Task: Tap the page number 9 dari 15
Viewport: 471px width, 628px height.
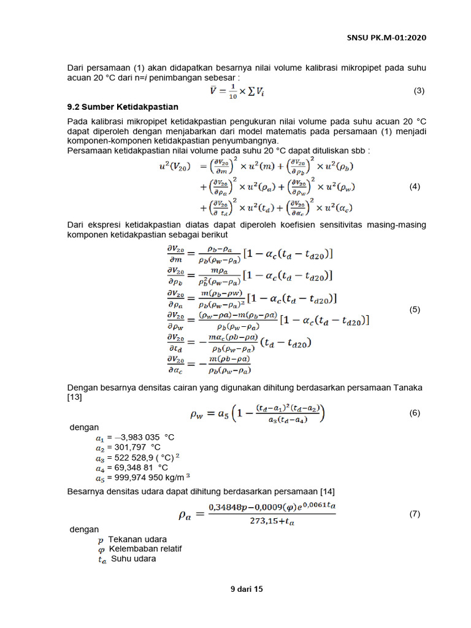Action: (246, 589)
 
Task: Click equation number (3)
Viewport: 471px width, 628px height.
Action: (419, 91)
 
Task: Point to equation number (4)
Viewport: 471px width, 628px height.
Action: (415, 187)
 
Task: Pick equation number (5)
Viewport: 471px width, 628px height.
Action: (415, 310)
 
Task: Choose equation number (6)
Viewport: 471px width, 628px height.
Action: (415, 413)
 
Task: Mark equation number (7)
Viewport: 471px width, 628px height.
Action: (415, 514)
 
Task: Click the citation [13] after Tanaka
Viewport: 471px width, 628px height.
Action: (74, 398)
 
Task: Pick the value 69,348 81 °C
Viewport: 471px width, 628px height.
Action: (137, 468)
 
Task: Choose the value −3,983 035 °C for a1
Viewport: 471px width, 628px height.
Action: (140, 437)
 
